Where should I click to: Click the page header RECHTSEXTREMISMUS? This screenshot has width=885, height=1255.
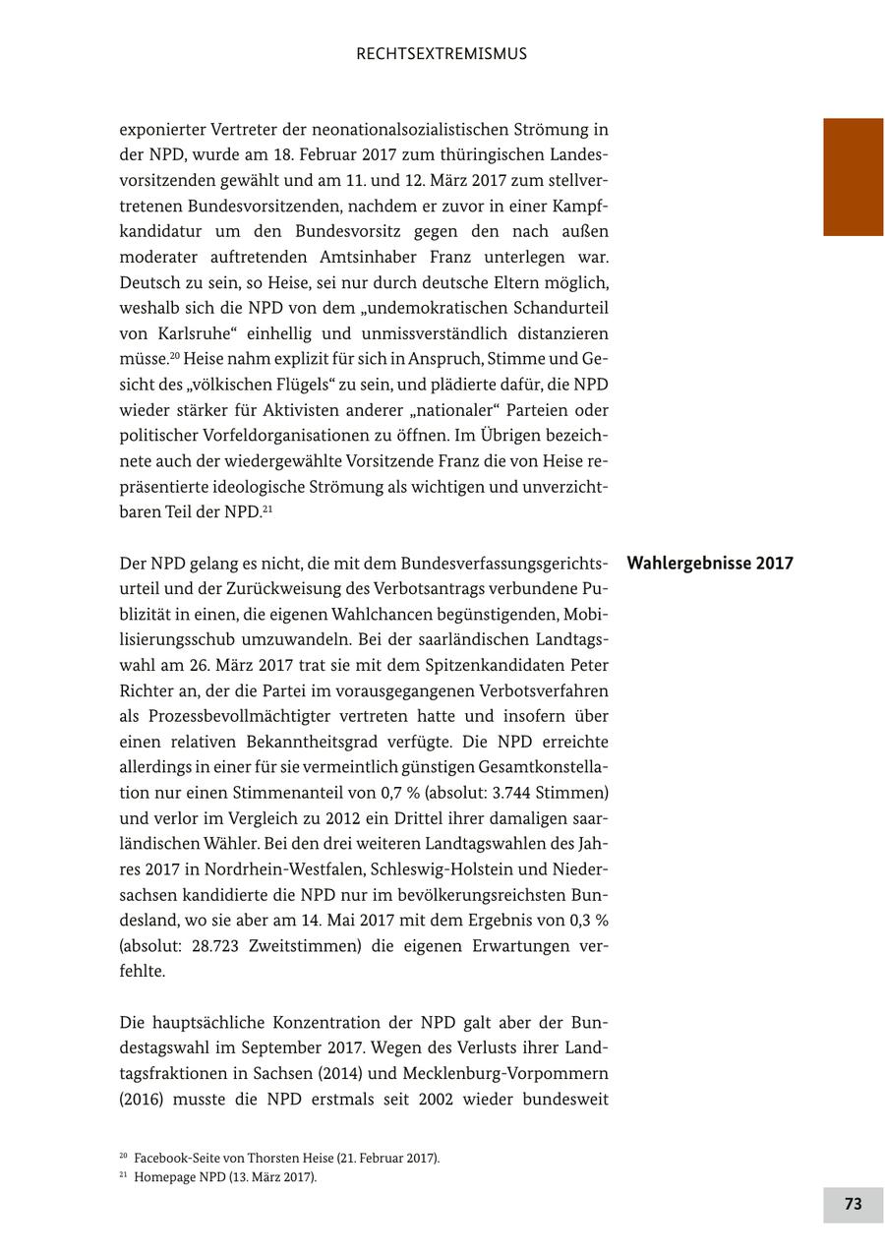pos(442,54)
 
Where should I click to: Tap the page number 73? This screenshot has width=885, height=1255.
pos(853,1204)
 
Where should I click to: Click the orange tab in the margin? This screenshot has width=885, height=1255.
pos(853,177)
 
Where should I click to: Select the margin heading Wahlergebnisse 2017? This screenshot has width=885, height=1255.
pos(709,564)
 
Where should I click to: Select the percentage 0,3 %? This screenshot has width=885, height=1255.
pos(588,921)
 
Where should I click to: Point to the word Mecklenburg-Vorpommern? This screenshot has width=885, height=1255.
pos(504,1074)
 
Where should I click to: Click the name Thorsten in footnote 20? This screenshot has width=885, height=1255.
pos(275,1159)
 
